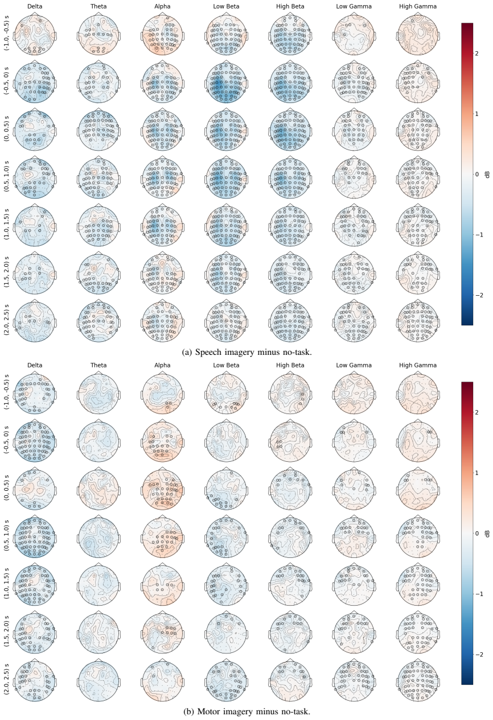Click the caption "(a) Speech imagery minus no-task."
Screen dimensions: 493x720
(x=246, y=352)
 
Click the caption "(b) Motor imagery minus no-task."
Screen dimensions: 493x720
(x=246, y=711)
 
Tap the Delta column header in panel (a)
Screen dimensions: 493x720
(x=35, y=6)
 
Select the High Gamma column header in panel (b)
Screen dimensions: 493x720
(x=418, y=365)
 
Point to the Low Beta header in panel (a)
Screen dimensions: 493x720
(x=226, y=6)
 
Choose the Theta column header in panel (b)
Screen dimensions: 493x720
(x=98, y=365)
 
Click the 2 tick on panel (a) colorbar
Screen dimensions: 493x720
(x=477, y=53)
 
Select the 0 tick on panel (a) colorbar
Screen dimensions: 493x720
(x=477, y=174)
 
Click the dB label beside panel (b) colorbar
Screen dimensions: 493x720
(x=488, y=533)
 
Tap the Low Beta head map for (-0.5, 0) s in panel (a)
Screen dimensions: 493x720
(x=226, y=83)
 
